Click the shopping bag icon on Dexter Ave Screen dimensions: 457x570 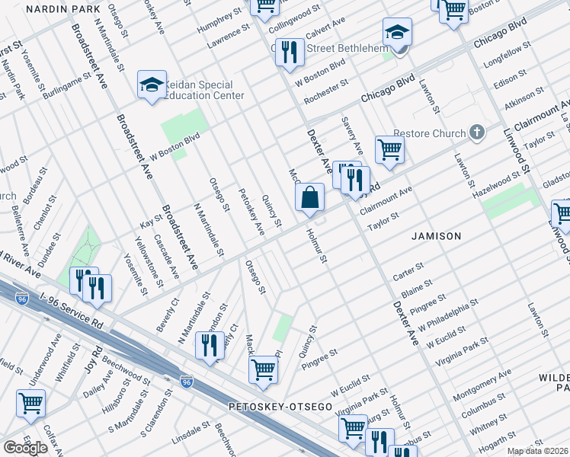coord(310,198)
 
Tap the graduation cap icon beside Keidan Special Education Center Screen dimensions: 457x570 coord(152,85)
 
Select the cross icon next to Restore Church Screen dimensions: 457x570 coord(477,133)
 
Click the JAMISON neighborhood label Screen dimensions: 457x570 coord(436,236)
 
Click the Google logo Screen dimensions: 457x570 coord(25,448)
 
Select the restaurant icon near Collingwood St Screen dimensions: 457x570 coord(288,53)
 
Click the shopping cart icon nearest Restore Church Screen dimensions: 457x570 coord(389,149)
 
